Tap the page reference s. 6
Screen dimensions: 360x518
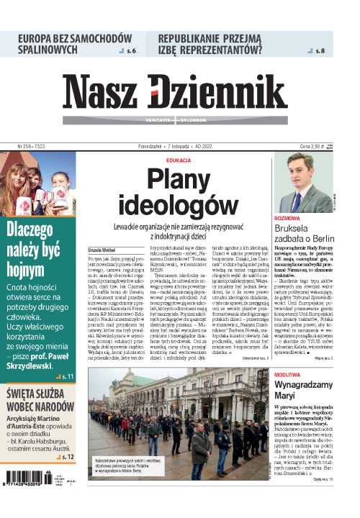(x=130, y=52)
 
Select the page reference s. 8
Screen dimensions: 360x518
(x=320, y=52)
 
